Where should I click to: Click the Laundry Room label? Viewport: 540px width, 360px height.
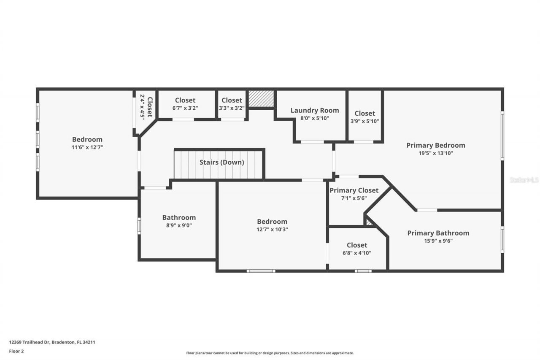pyautogui.click(x=314, y=111)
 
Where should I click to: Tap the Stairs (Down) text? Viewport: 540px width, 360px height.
pyautogui.click(x=221, y=162)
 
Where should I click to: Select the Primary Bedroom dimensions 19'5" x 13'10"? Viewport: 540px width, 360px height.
pyautogui.click(x=435, y=153)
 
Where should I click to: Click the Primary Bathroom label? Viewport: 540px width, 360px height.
pyautogui.click(x=438, y=233)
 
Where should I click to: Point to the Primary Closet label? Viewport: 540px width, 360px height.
pyautogui.click(x=354, y=190)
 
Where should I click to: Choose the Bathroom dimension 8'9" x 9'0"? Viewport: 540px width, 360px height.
pyautogui.click(x=179, y=225)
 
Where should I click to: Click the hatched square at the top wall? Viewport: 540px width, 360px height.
pyautogui.click(x=261, y=99)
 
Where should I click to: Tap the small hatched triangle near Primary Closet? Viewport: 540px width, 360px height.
pyautogui.click(x=369, y=222)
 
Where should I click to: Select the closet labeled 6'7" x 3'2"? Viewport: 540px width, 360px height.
pyautogui.click(x=185, y=108)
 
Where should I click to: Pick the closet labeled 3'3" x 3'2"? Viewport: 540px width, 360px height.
pyautogui.click(x=232, y=108)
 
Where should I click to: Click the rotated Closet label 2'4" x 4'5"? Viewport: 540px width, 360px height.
pyautogui.click(x=146, y=106)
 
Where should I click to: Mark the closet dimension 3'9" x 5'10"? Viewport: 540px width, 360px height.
pyautogui.click(x=364, y=121)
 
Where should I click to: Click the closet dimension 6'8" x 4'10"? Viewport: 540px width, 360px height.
pyautogui.click(x=357, y=253)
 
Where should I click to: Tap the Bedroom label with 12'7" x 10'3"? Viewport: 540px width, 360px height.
pyautogui.click(x=272, y=222)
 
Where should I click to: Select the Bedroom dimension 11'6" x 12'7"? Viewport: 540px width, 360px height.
pyautogui.click(x=87, y=147)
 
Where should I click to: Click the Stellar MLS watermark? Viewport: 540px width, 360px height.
pyautogui.click(x=524, y=180)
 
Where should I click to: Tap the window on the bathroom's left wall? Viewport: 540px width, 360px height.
pyautogui.click(x=139, y=225)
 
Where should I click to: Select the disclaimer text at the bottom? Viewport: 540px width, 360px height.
pyautogui.click(x=270, y=353)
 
